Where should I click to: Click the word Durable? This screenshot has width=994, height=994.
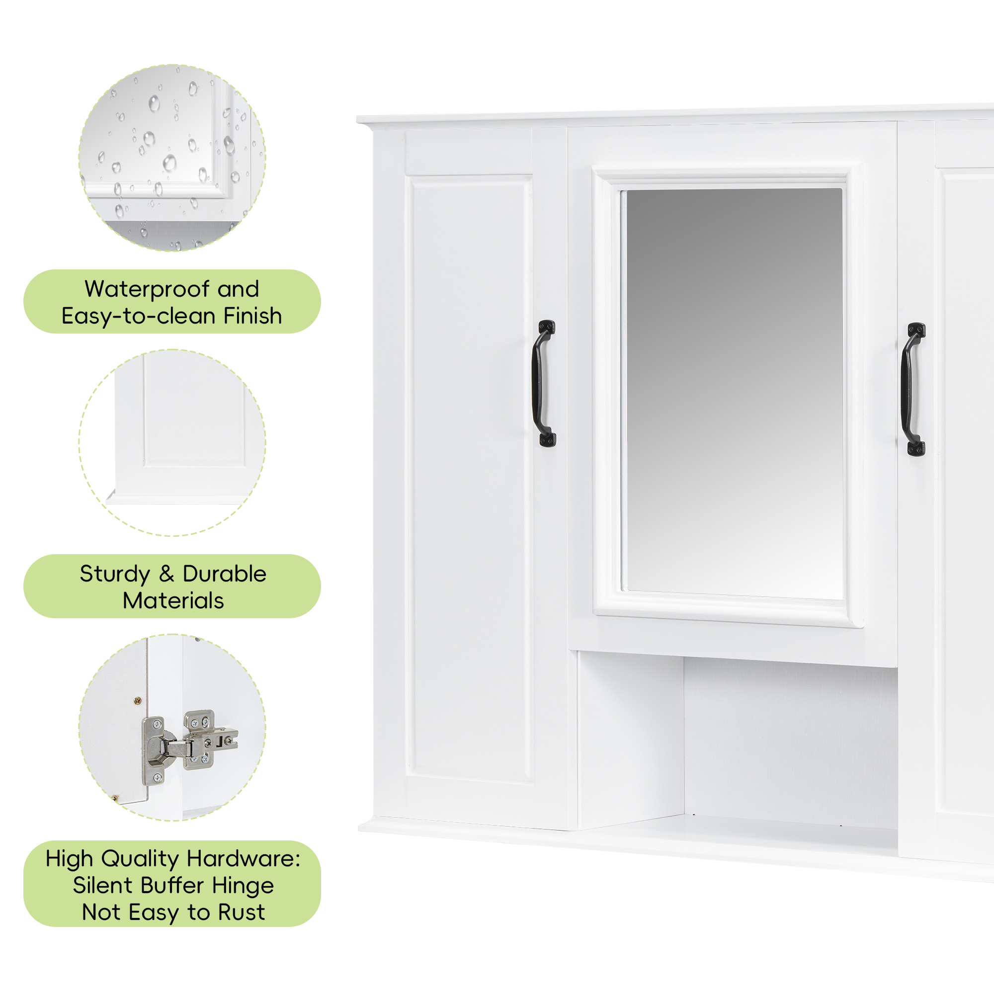[x=224, y=574]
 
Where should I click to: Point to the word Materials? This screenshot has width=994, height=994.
[x=173, y=600]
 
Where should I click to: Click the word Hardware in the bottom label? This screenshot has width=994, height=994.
[x=244, y=859]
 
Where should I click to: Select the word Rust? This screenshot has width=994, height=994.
[x=242, y=912]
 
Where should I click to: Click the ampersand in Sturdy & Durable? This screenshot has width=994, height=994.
[x=166, y=574]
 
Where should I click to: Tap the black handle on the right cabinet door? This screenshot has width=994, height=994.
[x=913, y=390]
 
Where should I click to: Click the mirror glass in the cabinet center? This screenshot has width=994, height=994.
[x=734, y=394]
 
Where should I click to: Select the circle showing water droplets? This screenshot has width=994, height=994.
[x=172, y=158]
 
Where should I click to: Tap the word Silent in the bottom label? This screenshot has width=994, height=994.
[x=103, y=886]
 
